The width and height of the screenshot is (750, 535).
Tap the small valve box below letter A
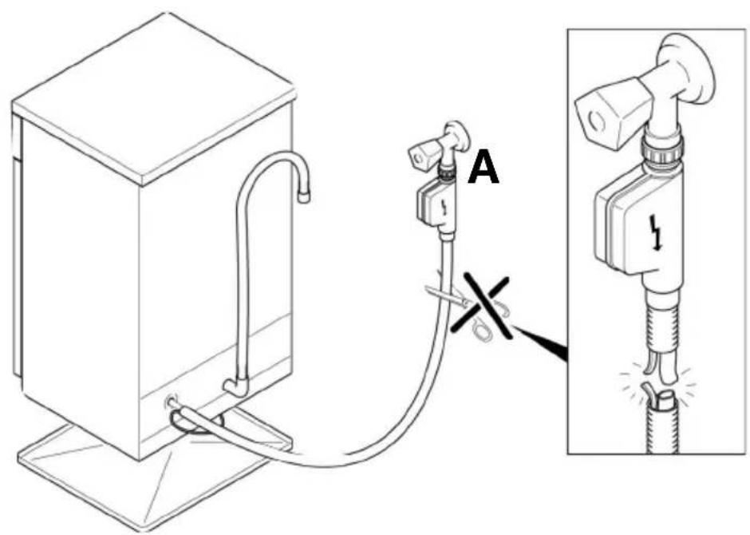tap(435, 203)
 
